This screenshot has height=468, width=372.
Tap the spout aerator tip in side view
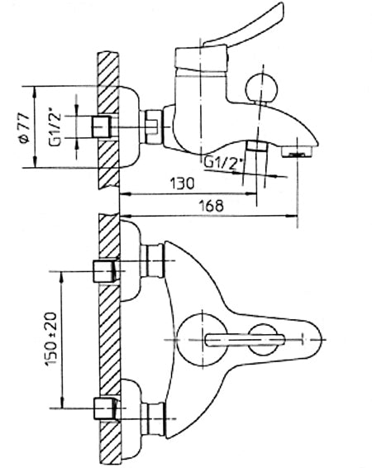(299, 152)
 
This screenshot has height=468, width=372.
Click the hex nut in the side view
(152, 127)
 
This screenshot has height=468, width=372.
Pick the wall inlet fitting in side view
(100, 127)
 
